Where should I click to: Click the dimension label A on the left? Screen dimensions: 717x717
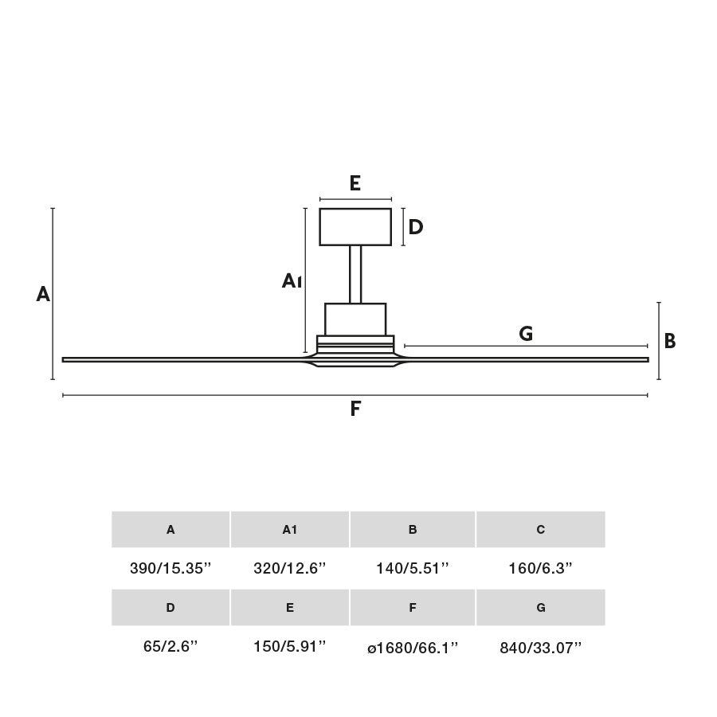pyautogui.click(x=43, y=295)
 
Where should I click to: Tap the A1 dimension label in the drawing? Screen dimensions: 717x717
pyautogui.click(x=292, y=280)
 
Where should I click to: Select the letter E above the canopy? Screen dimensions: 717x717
pyautogui.click(x=355, y=184)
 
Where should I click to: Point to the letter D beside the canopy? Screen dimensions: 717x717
pyautogui.click(x=415, y=228)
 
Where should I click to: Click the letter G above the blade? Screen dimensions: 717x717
pyautogui.click(x=526, y=334)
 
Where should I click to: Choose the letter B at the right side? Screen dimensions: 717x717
pyautogui.click(x=670, y=341)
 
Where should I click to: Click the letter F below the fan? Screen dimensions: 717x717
pyautogui.click(x=355, y=409)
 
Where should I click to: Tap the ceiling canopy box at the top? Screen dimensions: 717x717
pyautogui.click(x=355, y=227)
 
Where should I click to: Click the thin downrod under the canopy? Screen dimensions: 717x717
pyautogui.click(x=355, y=274)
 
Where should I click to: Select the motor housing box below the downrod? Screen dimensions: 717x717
pyautogui.click(x=355, y=319)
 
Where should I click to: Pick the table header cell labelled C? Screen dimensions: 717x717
pyautogui.click(x=540, y=530)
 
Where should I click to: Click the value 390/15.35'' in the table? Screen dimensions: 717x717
pyautogui.click(x=170, y=569)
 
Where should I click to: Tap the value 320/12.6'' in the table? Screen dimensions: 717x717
pyautogui.click(x=290, y=569)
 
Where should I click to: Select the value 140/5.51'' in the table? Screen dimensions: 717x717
pyautogui.click(x=413, y=569)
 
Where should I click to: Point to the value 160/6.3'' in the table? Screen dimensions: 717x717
pyautogui.click(x=540, y=569)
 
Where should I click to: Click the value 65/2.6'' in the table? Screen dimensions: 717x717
pyautogui.click(x=170, y=647)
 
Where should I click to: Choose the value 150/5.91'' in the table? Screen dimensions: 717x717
pyautogui.click(x=290, y=647)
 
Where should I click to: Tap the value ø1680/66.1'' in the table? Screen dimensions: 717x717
pyautogui.click(x=413, y=648)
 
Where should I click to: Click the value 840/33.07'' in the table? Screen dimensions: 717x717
pyautogui.click(x=540, y=648)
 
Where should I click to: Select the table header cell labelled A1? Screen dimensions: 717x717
pyautogui.click(x=290, y=530)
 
